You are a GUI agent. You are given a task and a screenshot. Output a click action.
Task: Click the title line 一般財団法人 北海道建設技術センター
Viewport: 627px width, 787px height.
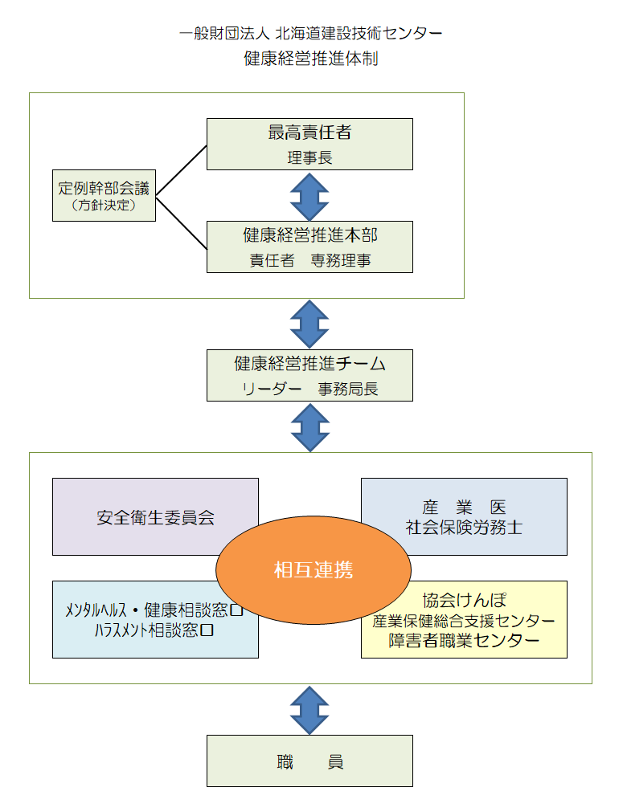coord(311,34)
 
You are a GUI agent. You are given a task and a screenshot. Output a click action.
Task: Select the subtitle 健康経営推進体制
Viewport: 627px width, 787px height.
coord(311,59)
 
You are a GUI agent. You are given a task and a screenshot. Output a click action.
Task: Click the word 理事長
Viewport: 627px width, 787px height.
coord(309,157)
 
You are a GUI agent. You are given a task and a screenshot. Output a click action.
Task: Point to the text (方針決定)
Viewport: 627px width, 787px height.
coord(104,206)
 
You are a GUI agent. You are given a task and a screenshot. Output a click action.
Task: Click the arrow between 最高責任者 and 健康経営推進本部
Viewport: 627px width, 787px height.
coord(309,195)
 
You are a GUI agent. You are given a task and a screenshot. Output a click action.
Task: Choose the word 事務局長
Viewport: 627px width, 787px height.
coord(347,389)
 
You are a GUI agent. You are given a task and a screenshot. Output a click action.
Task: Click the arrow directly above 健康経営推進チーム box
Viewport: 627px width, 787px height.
coord(309,324)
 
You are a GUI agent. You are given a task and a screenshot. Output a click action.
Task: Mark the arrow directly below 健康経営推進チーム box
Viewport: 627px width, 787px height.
coord(309,426)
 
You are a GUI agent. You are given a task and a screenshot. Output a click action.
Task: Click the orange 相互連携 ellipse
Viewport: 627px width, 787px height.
coord(313,570)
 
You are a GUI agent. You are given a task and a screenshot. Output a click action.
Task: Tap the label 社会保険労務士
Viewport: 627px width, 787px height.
coord(464,528)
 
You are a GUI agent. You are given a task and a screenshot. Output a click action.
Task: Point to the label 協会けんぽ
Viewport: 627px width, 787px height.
coord(464,601)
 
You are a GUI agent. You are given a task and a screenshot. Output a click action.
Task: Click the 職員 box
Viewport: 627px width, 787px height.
coord(309,760)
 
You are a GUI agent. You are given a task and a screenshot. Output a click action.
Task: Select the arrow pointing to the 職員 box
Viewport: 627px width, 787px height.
coord(309,709)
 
